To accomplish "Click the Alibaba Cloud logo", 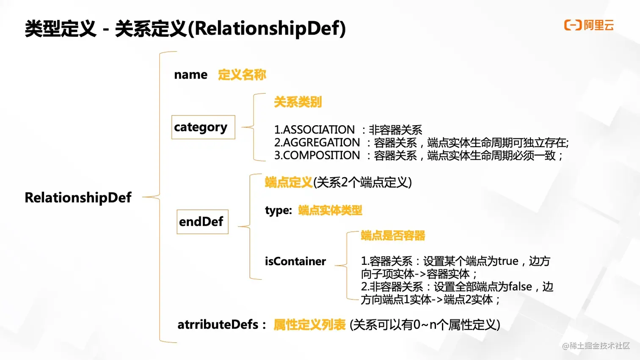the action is tap(588, 25).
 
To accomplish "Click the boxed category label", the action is tap(203, 127).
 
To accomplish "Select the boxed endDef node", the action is tap(202, 222).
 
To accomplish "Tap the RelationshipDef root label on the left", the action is tap(78, 198).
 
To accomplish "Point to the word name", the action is tap(190, 75).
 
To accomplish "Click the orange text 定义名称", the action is tap(242, 75).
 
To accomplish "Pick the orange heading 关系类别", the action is tap(298, 102).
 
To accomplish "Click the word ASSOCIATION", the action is tap(319, 130).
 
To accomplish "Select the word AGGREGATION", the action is tap(321, 143).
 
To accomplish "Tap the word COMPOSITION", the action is tap(321, 156).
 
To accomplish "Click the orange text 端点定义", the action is tap(289, 182).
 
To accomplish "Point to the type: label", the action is tap(278, 210).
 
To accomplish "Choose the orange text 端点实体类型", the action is tap(330, 210).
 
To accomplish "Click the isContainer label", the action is tap(295, 261).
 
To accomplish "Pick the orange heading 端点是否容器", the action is tap(393, 236).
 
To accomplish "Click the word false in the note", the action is tap(520, 287).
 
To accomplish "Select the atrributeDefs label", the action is tap(218, 324).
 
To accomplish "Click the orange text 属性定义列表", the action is tap(309, 325).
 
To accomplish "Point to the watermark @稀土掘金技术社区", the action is tap(596, 346).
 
